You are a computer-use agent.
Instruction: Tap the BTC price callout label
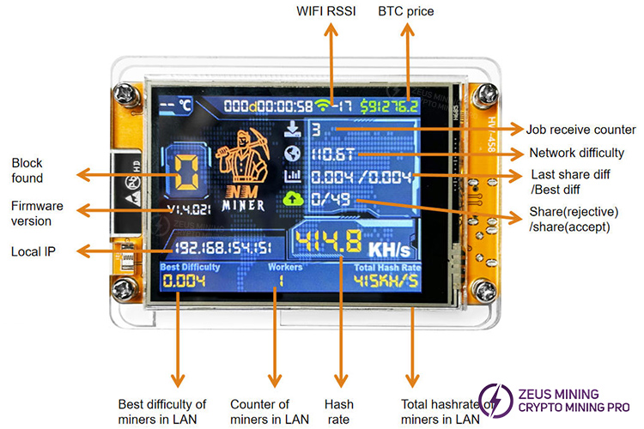[406, 13]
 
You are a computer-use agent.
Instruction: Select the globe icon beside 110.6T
[294, 154]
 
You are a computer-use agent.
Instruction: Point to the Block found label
[27, 171]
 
